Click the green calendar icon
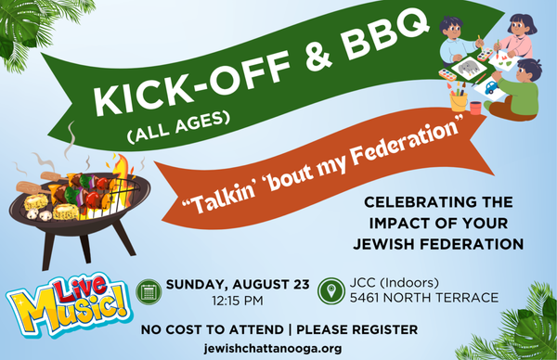pos(149,292)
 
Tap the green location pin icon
pos(331,291)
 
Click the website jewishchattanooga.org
pos(273,348)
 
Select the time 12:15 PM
pos(238,301)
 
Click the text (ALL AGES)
pos(177,127)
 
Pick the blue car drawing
pos(491,87)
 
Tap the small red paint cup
pos(475,108)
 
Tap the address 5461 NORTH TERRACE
pos(424,298)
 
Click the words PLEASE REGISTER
pos(357,329)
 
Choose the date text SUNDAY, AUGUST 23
pos(238,284)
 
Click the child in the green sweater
pos(514,91)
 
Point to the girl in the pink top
pos(518,36)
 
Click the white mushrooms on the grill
pos(39,214)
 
